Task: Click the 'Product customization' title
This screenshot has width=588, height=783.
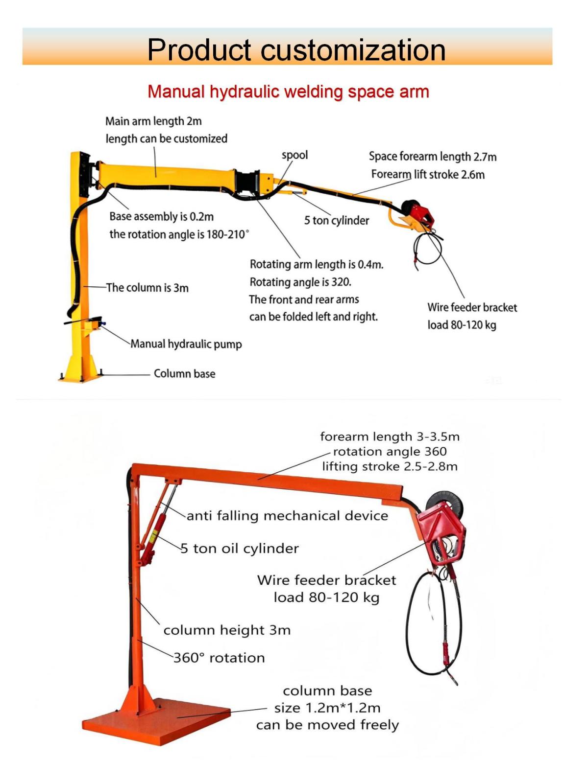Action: tap(296, 49)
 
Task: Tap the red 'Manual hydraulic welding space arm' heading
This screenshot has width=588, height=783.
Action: tap(288, 92)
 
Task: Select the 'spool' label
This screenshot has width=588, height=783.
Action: tap(294, 155)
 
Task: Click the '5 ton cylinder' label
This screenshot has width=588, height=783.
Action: tap(336, 220)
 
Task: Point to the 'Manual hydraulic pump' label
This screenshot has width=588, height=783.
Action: tap(186, 344)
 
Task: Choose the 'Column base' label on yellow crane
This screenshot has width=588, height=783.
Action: tap(184, 373)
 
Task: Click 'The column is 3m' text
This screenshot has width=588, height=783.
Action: tap(147, 288)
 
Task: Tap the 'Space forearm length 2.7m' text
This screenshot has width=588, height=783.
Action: tap(433, 157)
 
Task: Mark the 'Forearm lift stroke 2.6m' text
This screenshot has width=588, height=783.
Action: tap(428, 174)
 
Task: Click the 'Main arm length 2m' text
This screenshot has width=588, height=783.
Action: tap(153, 121)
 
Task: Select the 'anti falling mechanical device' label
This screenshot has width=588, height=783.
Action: tap(287, 516)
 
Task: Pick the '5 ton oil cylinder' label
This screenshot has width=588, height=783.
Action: tap(240, 548)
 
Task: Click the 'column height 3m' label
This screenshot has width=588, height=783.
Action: tap(227, 630)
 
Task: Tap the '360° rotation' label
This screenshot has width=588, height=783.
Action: tap(219, 658)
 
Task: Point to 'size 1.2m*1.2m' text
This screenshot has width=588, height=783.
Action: tap(327, 708)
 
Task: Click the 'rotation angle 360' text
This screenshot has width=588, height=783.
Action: tap(390, 451)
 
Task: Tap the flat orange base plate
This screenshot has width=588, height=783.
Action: tap(157, 724)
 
